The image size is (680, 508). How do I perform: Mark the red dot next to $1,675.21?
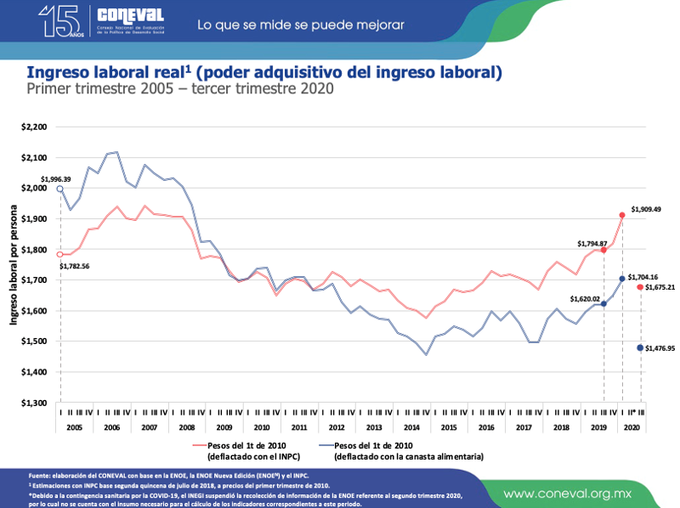pyautogui.click(x=640, y=287)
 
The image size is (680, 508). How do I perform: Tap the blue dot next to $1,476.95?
pyautogui.click(x=640, y=348)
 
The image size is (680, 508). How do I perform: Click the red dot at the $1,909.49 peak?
pyautogui.click(x=622, y=216)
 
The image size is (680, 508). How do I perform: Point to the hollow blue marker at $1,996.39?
pyautogui.click(x=60, y=189)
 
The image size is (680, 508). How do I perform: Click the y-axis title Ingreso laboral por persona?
pyautogui.click(x=14, y=265)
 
